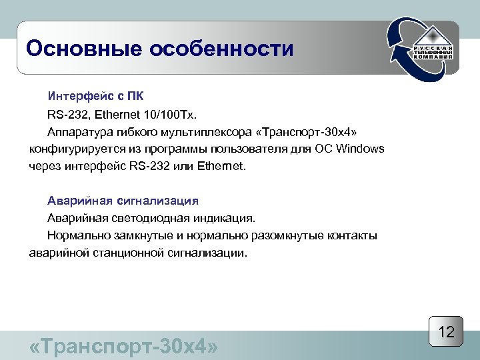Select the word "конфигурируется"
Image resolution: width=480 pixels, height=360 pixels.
[77, 148]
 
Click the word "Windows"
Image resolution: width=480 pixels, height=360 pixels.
[361, 148]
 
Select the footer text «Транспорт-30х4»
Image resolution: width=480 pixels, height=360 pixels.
[124, 347]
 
